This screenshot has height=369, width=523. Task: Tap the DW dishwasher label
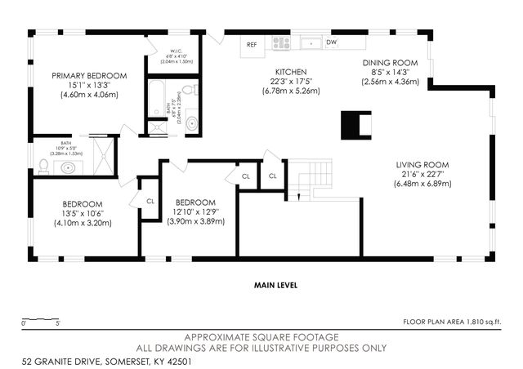coord(332,42)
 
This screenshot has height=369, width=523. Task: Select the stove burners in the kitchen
coord(282,42)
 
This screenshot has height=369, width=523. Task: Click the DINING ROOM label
coord(390,63)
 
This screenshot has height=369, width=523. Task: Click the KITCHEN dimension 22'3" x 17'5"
coord(290,82)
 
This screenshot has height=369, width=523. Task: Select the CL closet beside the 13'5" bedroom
coord(150,201)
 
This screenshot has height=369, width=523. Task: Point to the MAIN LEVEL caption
coord(275,286)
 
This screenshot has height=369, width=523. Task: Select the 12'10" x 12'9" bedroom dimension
coord(195,211)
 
